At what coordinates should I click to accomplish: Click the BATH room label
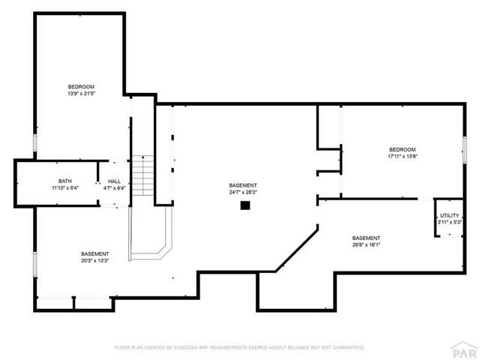(65, 181)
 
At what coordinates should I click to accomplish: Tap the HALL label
(114, 181)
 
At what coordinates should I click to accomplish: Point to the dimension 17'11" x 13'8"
(402, 156)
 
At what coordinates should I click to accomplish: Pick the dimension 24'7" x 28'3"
(243, 192)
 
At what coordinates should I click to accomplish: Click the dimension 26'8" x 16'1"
(367, 244)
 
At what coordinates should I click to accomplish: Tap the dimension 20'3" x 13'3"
(94, 260)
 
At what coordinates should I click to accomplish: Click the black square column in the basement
(244, 204)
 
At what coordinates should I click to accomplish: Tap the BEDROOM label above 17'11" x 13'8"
(402, 149)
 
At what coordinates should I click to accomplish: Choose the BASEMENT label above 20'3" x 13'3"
(94, 253)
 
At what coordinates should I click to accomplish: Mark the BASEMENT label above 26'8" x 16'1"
(367, 238)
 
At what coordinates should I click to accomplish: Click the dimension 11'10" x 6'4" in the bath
(65, 187)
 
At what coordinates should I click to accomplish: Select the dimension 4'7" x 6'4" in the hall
(114, 187)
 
